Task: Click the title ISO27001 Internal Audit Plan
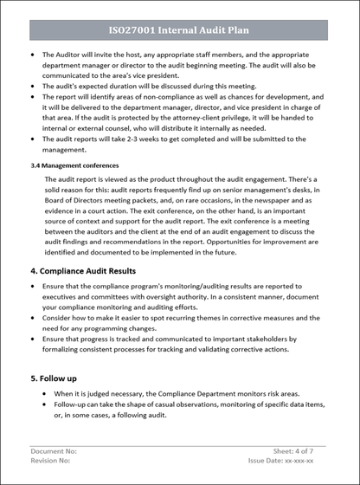click(179, 29)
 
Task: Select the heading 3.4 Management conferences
click(74, 165)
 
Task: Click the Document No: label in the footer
click(54, 451)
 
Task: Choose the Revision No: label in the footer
click(52, 462)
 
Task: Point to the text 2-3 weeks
click(138, 139)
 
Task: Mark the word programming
click(116, 328)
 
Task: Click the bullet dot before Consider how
click(32, 318)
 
